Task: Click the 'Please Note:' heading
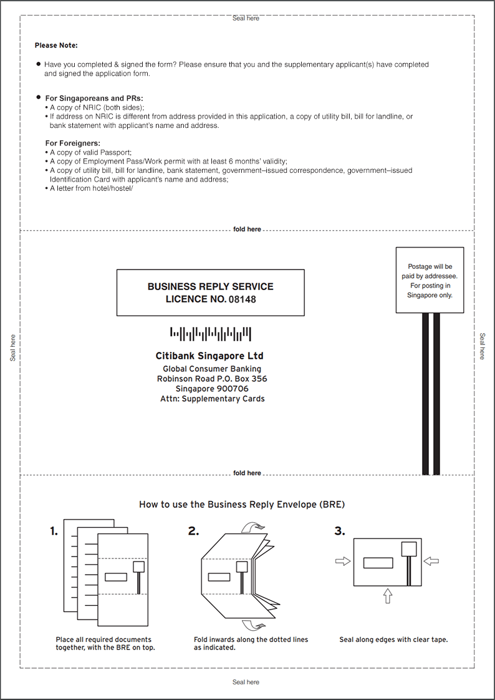(56, 46)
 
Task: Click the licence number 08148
(242, 299)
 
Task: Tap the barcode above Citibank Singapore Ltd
(211, 334)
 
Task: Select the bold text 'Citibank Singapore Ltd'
(209, 356)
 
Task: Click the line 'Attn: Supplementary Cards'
(212, 399)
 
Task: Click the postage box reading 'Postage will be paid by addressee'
(430, 280)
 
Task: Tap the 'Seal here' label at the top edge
(246, 18)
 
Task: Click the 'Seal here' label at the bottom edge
(246, 682)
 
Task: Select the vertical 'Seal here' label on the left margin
(12, 348)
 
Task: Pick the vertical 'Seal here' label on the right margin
(482, 346)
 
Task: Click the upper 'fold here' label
(247, 230)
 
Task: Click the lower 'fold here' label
(247, 473)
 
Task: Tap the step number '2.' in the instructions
(193, 532)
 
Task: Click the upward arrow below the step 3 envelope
(388, 596)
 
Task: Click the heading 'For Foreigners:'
(73, 143)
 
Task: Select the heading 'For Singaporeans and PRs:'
(94, 98)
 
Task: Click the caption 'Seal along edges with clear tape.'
(394, 639)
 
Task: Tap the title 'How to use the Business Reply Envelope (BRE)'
(242, 505)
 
